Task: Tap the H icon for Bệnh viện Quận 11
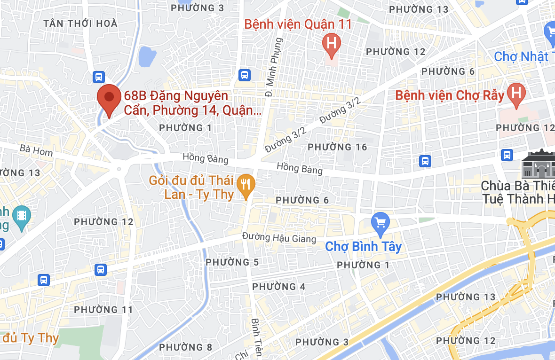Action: (332, 44)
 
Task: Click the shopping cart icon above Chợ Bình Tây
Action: (380, 222)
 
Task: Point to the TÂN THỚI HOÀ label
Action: (74, 23)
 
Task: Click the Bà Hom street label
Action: (36, 150)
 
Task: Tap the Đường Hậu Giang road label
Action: (279, 237)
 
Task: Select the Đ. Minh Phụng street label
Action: (274, 66)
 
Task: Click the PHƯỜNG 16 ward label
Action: (337, 147)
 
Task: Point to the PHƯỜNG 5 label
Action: (232, 262)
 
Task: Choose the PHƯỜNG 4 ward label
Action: (279, 286)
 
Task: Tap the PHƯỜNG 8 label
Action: (186, 347)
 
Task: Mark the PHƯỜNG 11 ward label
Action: (104, 309)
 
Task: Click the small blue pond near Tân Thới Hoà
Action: (147, 56)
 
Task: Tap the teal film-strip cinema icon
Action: (22, 217)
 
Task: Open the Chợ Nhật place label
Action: (521, 57)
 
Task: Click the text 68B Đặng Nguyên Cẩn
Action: (176, 96)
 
